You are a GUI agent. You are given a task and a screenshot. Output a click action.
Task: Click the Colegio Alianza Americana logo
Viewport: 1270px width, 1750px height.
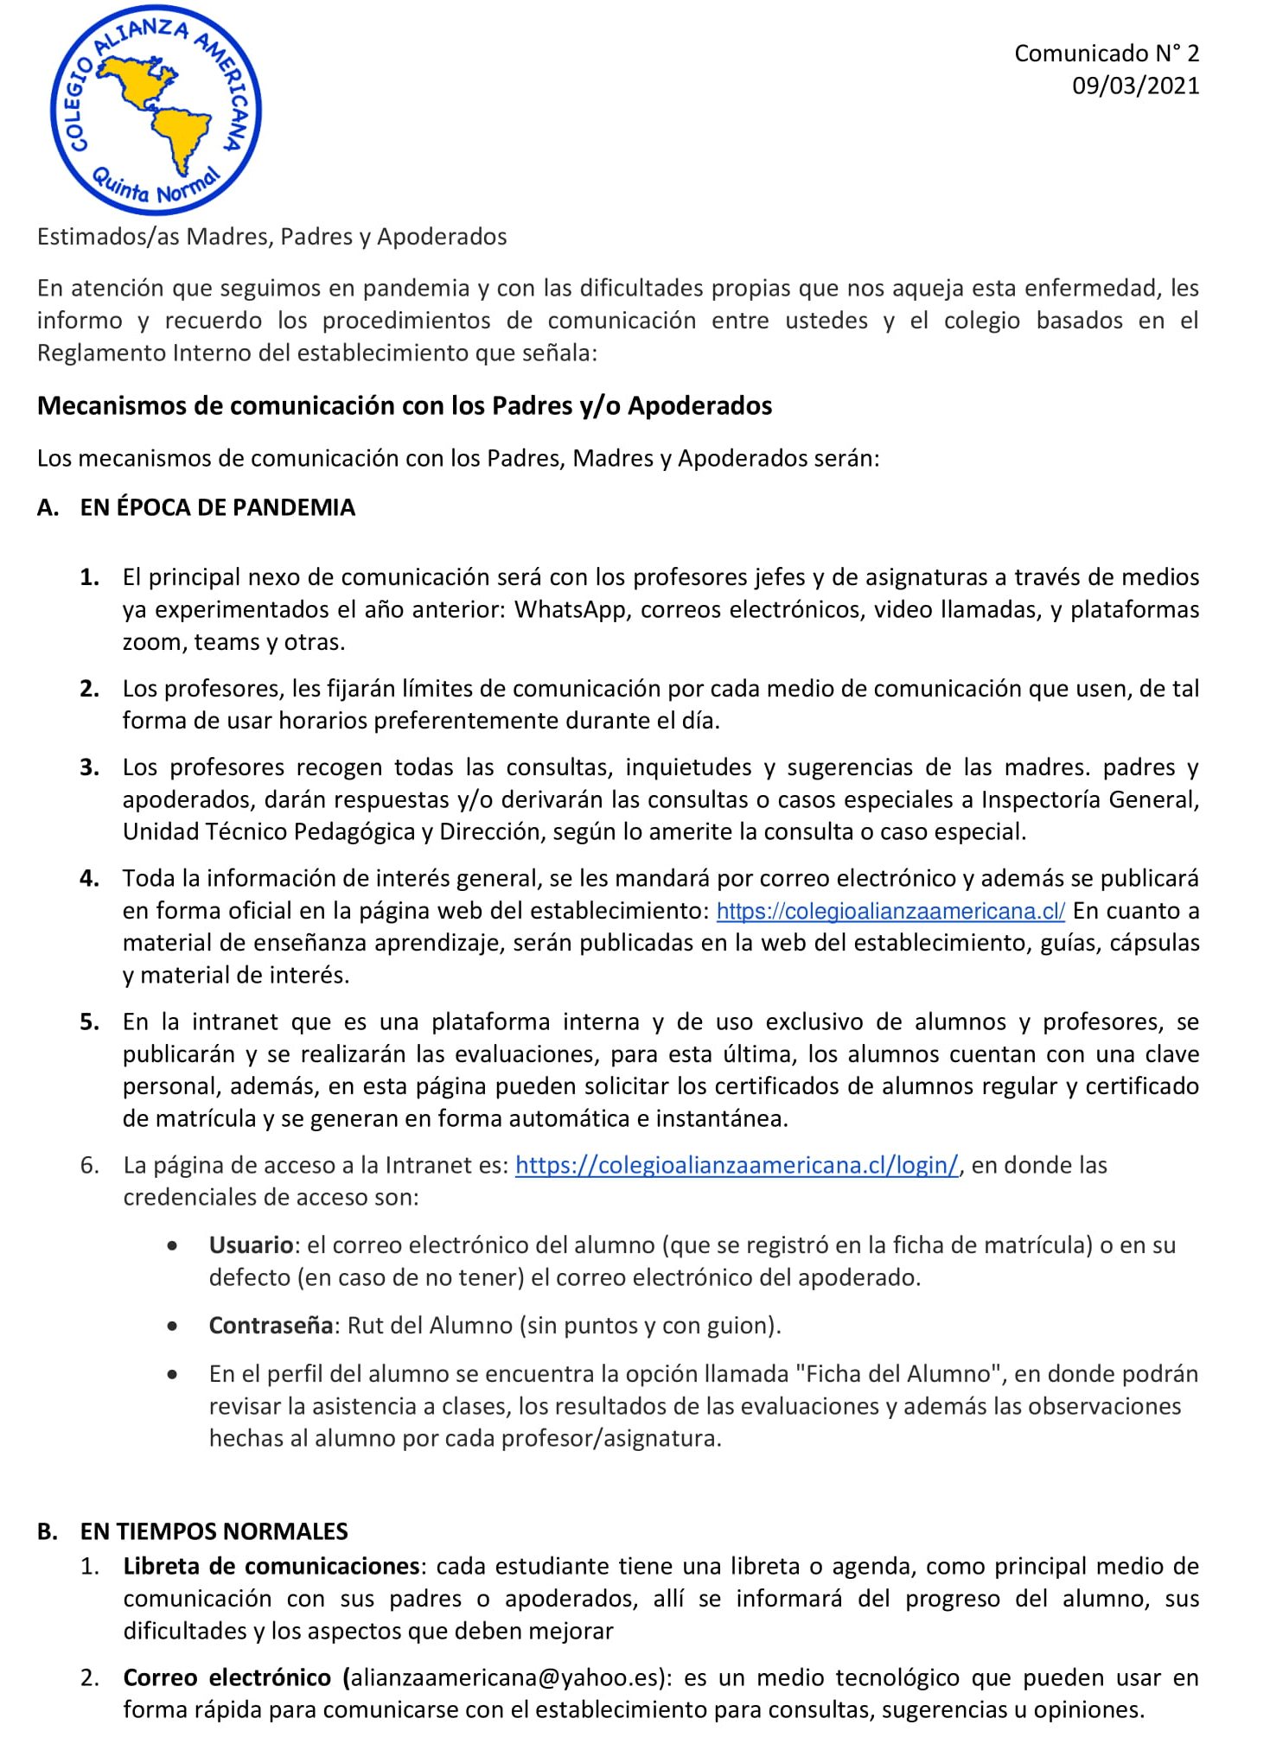coord(156,110)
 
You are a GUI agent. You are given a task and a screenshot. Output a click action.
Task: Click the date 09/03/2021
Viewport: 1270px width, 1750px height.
coord(1135,86)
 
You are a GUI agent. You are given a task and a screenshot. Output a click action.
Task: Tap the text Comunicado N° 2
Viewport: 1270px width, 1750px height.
coord(1106,54)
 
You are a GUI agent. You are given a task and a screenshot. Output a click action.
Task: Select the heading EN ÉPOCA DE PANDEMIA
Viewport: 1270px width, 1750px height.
coord(217,507)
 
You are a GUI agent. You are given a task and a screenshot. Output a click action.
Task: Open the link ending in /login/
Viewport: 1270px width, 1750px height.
coord(737,1165)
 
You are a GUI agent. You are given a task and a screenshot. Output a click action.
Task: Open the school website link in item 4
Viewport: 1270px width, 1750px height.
coord(890,911)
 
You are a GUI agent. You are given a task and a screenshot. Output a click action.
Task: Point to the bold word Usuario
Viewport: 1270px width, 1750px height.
coord(251,1244)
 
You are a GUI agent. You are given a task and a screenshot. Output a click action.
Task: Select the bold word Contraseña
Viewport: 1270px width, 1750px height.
coord(271,1326)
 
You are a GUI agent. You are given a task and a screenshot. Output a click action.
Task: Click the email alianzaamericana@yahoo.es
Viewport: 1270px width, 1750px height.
coord(505,1677)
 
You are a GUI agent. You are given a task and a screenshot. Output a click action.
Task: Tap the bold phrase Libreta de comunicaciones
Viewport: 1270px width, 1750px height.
coord(271,1566)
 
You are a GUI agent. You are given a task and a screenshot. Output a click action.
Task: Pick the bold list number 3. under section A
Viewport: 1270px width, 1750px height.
coord(89,767)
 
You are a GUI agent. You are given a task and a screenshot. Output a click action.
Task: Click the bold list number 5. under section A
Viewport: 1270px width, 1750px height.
coord(89,1021)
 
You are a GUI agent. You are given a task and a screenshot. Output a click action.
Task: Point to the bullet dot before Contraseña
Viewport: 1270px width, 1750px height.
coord(174,1326)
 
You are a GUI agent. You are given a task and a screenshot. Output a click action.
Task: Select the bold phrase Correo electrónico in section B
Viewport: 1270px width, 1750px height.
coord(227,1677)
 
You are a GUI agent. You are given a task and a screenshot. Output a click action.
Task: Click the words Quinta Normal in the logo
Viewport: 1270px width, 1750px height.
coord(156,186)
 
